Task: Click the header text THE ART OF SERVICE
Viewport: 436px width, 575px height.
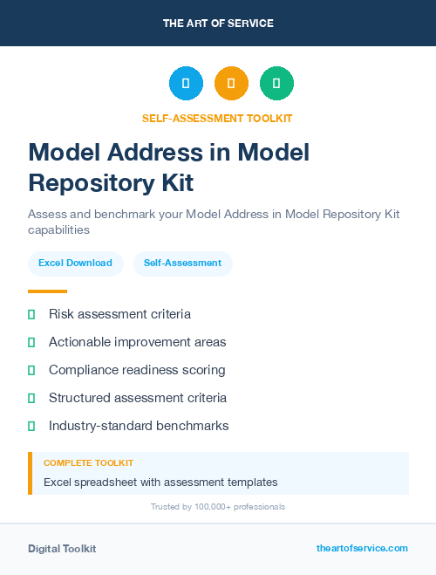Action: point(218,24)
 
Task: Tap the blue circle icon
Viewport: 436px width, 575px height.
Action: point(186,84)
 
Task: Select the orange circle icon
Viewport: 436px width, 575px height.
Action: point(231,84)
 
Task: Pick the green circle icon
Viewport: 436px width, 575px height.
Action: point(276,84)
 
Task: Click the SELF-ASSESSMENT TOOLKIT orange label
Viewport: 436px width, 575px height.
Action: point(217,118)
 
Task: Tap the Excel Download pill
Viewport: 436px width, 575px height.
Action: point(75,263)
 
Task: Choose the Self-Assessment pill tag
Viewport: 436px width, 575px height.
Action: point(182,263)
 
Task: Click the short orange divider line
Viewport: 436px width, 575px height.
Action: point(47,291)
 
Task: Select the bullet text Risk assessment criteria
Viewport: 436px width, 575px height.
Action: point(119,314)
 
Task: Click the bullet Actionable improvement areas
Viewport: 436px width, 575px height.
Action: point(137,342)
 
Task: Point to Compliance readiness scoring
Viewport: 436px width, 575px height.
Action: point(137,370)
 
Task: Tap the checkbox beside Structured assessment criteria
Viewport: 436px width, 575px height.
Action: point(31,398)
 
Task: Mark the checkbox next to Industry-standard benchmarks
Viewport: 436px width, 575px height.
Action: point(31,426)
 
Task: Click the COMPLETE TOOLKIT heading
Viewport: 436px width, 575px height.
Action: point(88,463)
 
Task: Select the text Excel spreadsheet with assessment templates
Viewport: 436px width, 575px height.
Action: point(160,482)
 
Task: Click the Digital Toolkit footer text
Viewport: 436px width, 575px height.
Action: point(62,549)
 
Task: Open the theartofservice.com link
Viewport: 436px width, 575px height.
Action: point(362,548)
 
